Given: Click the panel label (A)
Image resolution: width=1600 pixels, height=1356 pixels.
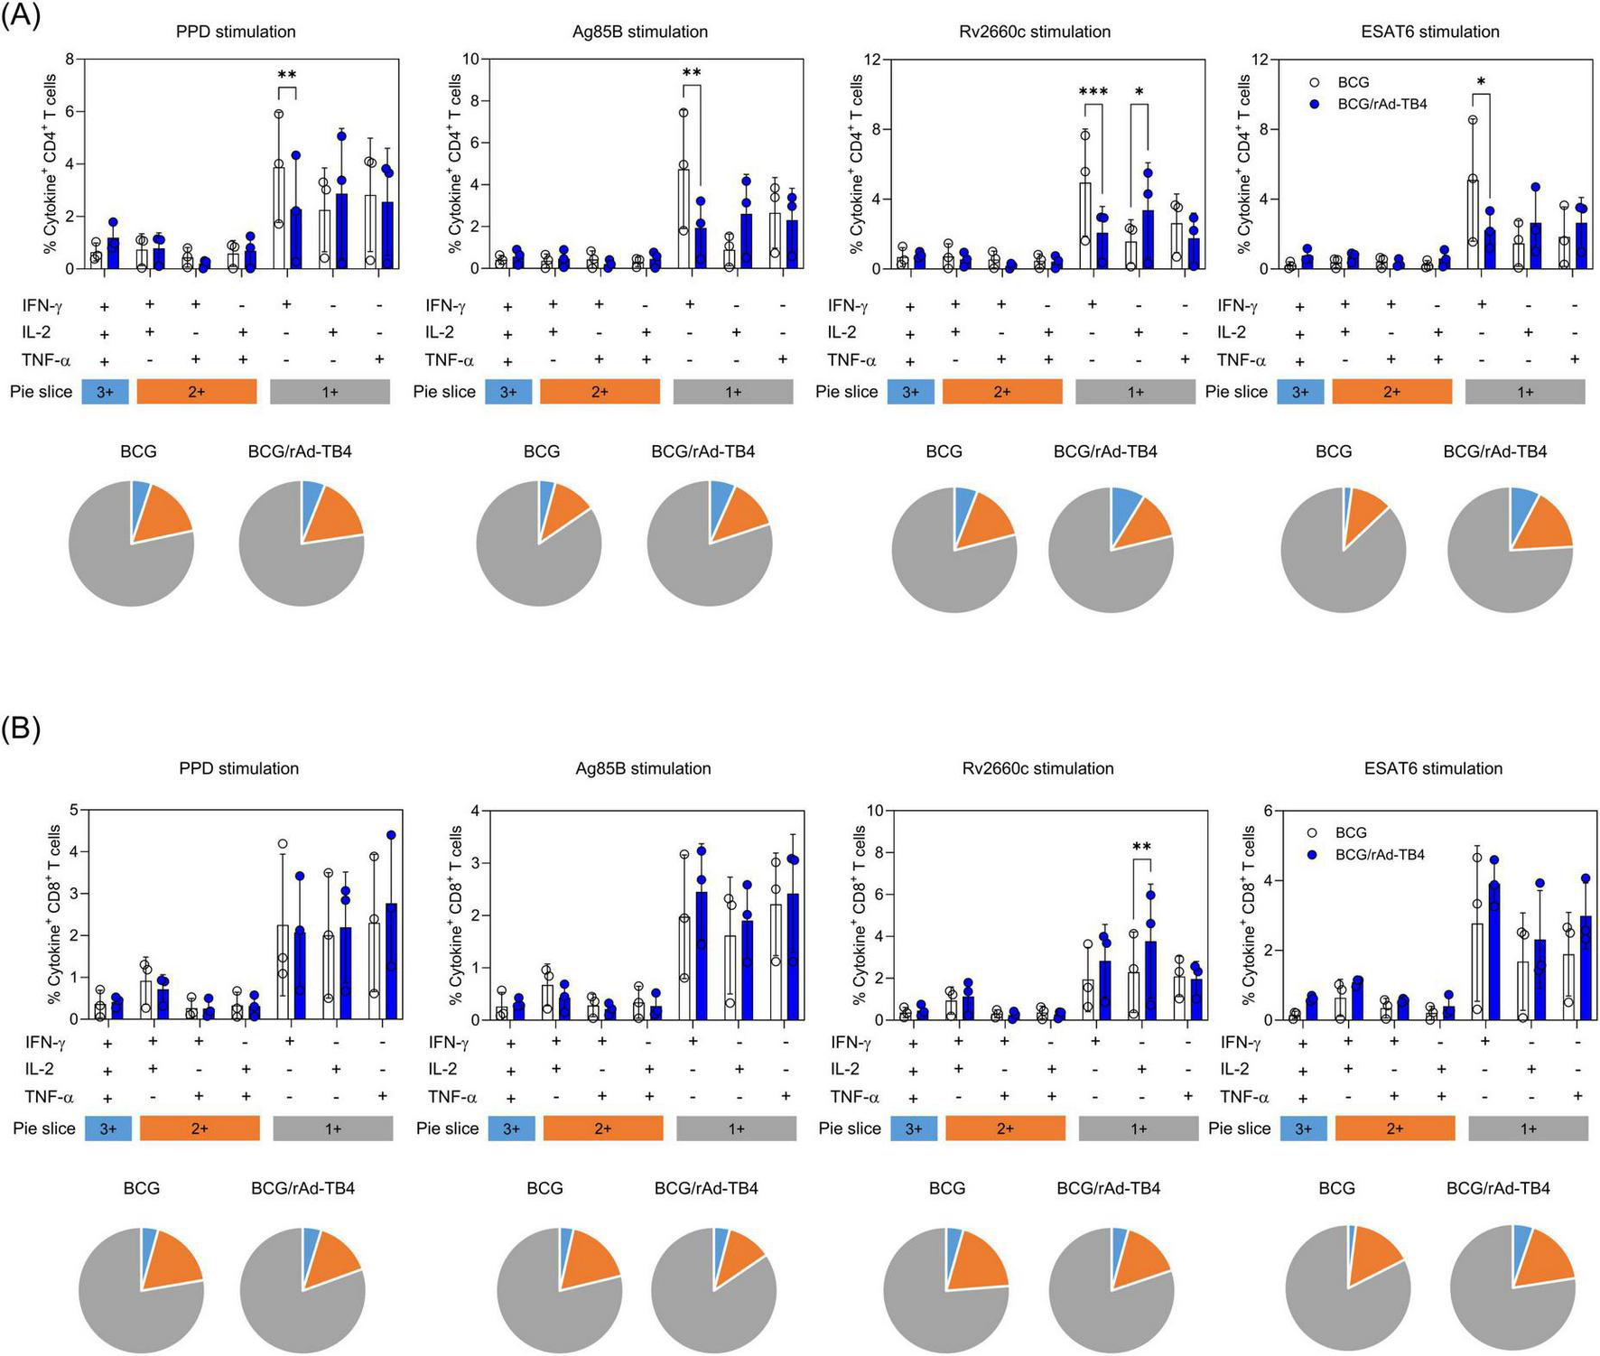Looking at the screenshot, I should pos(21,15).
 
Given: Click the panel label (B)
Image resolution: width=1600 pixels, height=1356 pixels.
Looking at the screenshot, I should pos(21,729).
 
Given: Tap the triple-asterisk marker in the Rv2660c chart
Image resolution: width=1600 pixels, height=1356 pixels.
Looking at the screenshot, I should pos(1093,92).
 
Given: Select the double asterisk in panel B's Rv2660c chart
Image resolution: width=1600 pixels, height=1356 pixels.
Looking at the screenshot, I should pos(1141,847).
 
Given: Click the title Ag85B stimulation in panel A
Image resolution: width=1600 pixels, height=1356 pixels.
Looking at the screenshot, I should pos(639,32).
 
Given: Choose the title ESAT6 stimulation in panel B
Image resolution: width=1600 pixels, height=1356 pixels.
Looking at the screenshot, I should pos(1433,768).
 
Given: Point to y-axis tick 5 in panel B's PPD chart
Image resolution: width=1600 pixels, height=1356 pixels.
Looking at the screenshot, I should pos(73,810).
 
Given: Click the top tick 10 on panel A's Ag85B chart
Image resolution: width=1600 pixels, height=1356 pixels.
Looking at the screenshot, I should pos(470,59).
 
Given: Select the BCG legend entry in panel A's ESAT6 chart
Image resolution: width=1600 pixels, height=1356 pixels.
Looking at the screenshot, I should pos(1353,82).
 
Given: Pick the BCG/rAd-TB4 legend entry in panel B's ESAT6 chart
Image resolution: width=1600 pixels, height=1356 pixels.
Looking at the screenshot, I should pos(1379,854).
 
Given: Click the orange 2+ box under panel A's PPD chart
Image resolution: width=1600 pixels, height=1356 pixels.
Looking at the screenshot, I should pos(196,392).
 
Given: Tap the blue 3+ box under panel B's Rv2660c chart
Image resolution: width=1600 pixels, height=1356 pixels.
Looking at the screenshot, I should pos(914,1128).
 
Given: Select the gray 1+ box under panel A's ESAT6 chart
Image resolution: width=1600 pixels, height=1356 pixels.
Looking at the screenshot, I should pos(1524,392).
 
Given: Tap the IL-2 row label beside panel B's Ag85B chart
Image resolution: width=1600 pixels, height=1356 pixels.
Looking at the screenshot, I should pos(442,1069).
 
